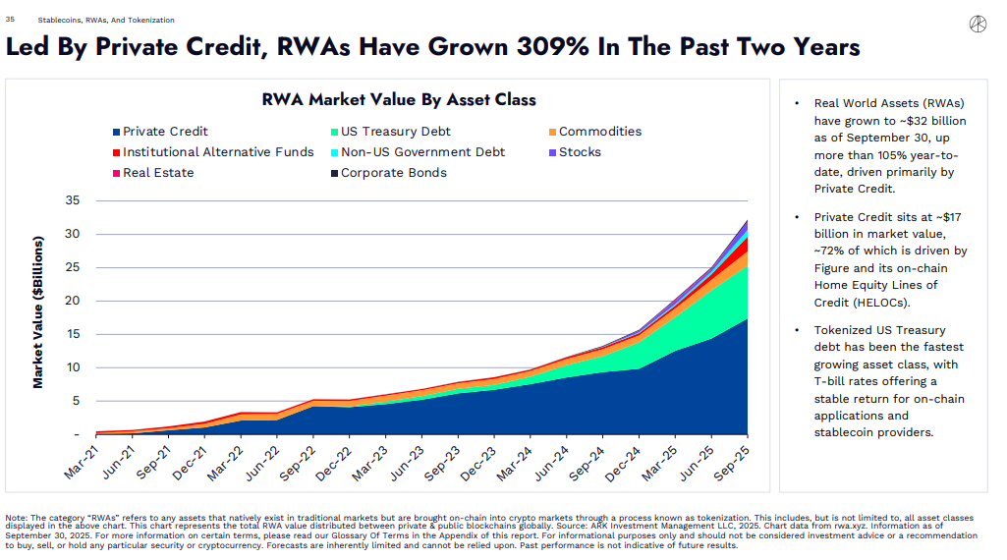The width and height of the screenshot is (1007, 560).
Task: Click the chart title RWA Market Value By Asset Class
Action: pyautogui.click(x=399, y=99)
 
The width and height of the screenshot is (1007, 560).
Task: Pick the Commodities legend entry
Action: pyautogui.click(x=593, y=132)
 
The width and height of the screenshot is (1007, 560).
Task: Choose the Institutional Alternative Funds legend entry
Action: pyautogui.click(x=211, y=152)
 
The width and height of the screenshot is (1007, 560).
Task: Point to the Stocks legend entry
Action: pyautogui.click(x=574, y=152)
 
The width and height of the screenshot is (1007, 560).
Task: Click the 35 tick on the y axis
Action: pyautogui.click(x=72, y=200)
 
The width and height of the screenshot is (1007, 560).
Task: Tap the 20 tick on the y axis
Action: pyautogui.click(x=72, y=301)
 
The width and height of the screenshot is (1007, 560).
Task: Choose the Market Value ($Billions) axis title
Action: pyautogui.click(x=38, y=312)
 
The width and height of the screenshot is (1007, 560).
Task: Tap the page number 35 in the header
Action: pyautogui.click(x=10, y=20)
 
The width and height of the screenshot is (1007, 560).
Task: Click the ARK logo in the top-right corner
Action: pyautogui.click(x=977, y=23)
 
